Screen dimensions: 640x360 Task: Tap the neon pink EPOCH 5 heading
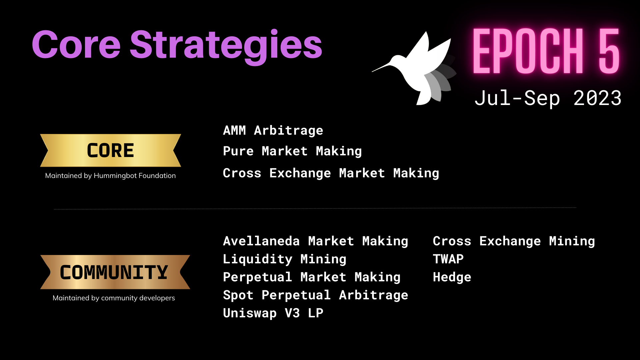546,51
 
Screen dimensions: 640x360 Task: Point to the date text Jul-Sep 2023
548,98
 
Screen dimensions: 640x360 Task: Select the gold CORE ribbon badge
110,150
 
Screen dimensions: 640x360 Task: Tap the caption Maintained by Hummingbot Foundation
110,176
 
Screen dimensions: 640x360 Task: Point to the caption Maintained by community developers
114,298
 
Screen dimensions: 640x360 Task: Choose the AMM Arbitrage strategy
273,131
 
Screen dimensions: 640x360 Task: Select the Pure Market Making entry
292,151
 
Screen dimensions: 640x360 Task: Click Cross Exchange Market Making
331,173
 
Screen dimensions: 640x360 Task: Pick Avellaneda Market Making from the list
316,241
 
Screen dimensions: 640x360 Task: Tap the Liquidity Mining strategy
285,259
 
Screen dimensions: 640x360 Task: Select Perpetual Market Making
312,277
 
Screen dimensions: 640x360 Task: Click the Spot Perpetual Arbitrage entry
316,295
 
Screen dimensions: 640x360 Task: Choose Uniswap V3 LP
273,313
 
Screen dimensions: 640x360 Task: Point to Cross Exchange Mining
514,241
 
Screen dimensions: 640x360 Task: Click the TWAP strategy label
448,259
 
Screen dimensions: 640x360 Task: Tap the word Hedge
452,277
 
